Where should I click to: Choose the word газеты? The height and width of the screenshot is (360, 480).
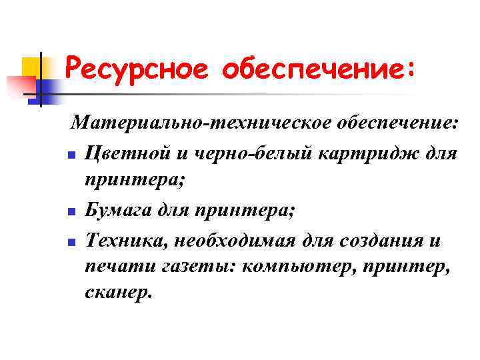point(189,269)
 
